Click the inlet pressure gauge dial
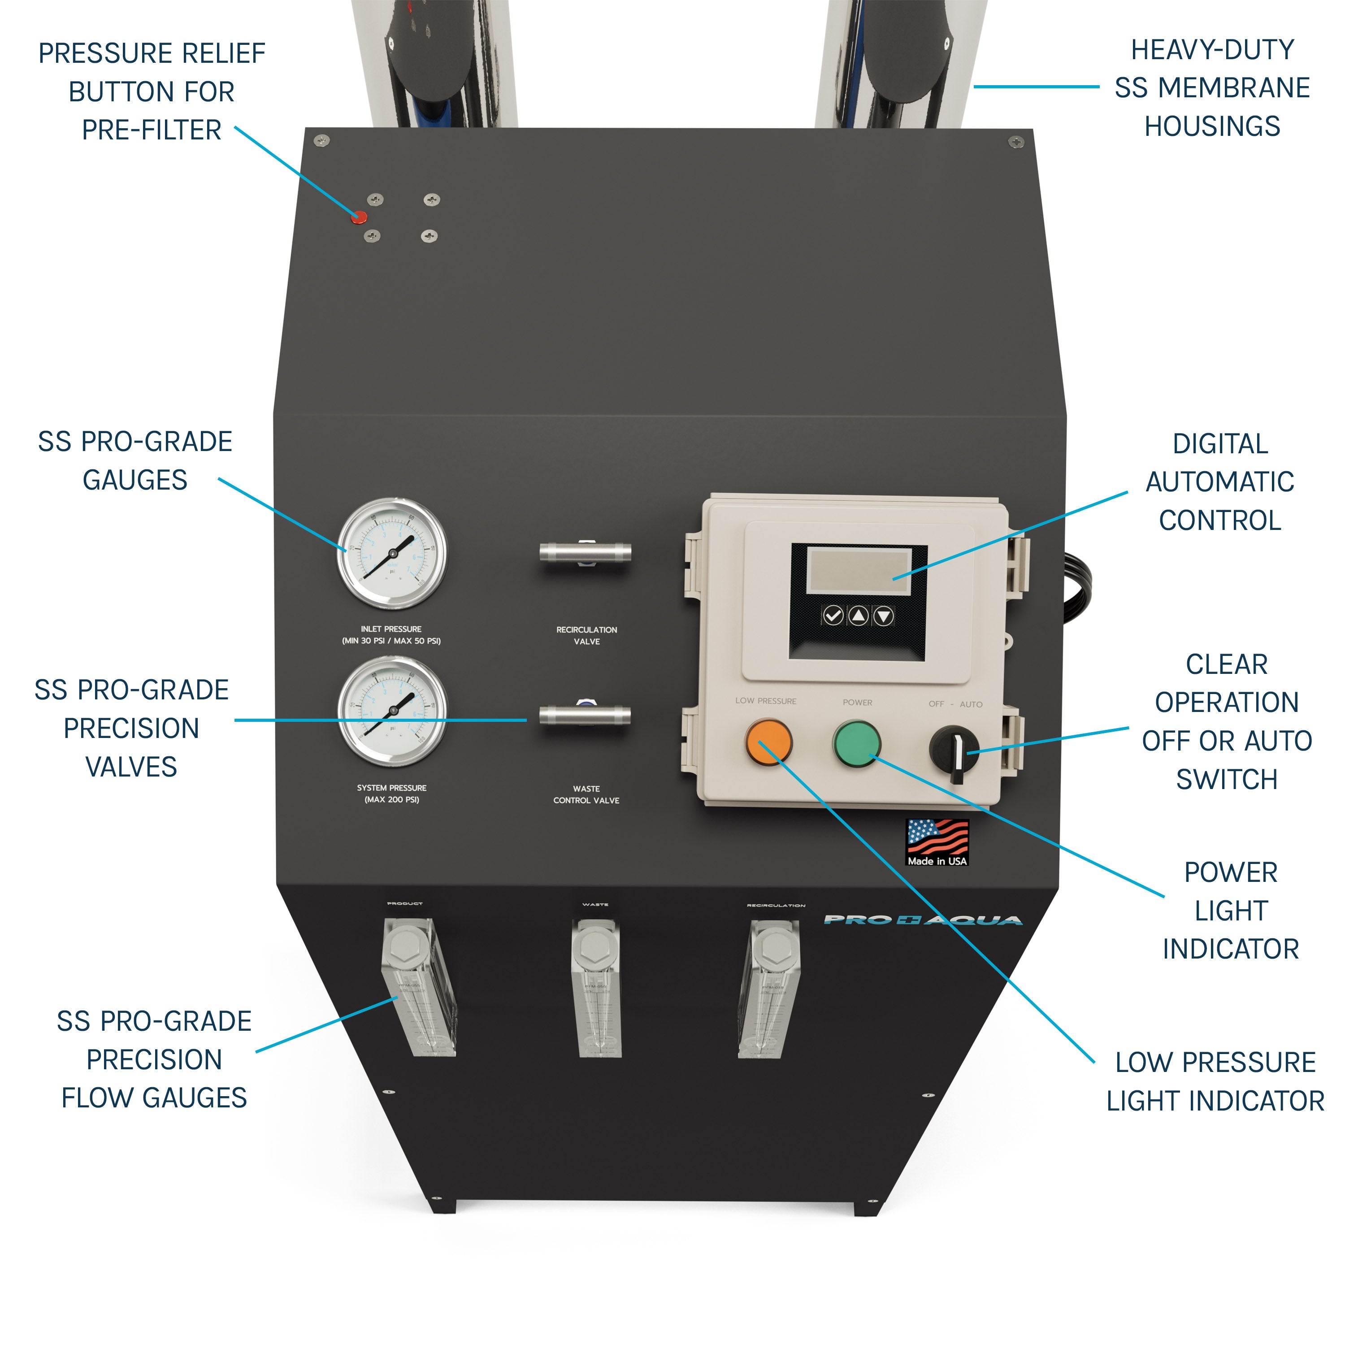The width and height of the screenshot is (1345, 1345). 392,553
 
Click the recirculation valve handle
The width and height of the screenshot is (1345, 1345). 586,553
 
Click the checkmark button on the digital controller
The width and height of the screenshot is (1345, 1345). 833,616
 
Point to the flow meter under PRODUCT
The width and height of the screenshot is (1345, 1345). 418,989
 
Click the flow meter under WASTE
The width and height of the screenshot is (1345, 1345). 596,989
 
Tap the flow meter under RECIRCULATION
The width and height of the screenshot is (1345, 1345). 770,989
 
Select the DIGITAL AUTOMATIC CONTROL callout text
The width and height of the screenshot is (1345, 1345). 1219,482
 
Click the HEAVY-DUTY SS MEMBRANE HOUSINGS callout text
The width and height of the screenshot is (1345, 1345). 1212,88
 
